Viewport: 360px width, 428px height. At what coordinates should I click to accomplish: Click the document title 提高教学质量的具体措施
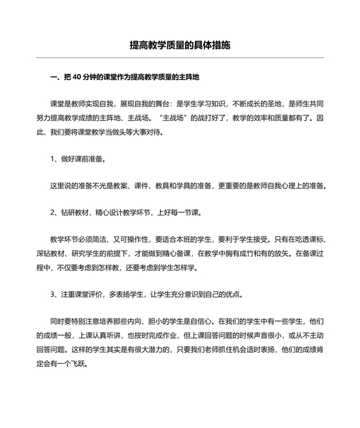click(x=179, y=46)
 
